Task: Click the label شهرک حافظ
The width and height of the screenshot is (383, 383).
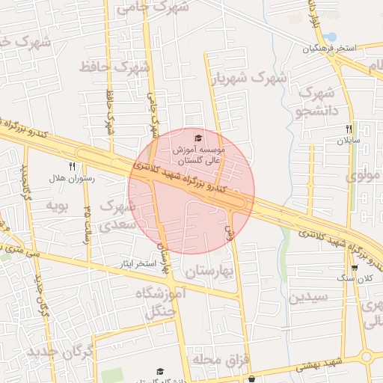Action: pyautogui.click(x=114, y=68)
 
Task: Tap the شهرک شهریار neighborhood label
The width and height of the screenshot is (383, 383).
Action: pyautogui.click(x=248, y=78)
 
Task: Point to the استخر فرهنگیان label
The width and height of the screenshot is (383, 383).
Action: pyautogui.click(x=329, y=49)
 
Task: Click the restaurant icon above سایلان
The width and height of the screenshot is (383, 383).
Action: pyautogui.click(x=349, y=129)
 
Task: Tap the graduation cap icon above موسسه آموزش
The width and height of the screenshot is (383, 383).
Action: pyautogui.click(x=198, y=138)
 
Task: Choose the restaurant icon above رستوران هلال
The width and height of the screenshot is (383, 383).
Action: pyautogui.click(x=72, y=166)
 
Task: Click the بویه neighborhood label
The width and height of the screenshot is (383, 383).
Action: pyautogui.click(x=58, y=204)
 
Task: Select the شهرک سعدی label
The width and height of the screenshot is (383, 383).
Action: pyautogui.click(x=118, y=213)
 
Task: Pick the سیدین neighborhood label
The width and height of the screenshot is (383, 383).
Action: pyautogui.click(x=308, y=296)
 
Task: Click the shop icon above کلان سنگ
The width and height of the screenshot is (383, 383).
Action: pyautogui.click(x=355, y=267)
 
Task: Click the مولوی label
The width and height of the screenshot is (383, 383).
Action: pyautogui.click(x=364, y=177)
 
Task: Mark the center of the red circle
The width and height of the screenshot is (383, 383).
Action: pyautogui.click(x=191, y=191)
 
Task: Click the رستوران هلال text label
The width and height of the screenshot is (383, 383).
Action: pyautogui.click(x=70, y=178)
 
